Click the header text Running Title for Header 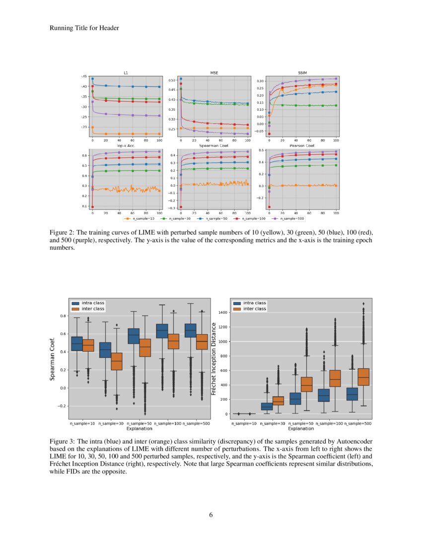84,28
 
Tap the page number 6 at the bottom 211,515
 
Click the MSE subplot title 214,73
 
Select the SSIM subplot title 303,73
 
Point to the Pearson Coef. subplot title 302,146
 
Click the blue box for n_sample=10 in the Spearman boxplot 77,343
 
